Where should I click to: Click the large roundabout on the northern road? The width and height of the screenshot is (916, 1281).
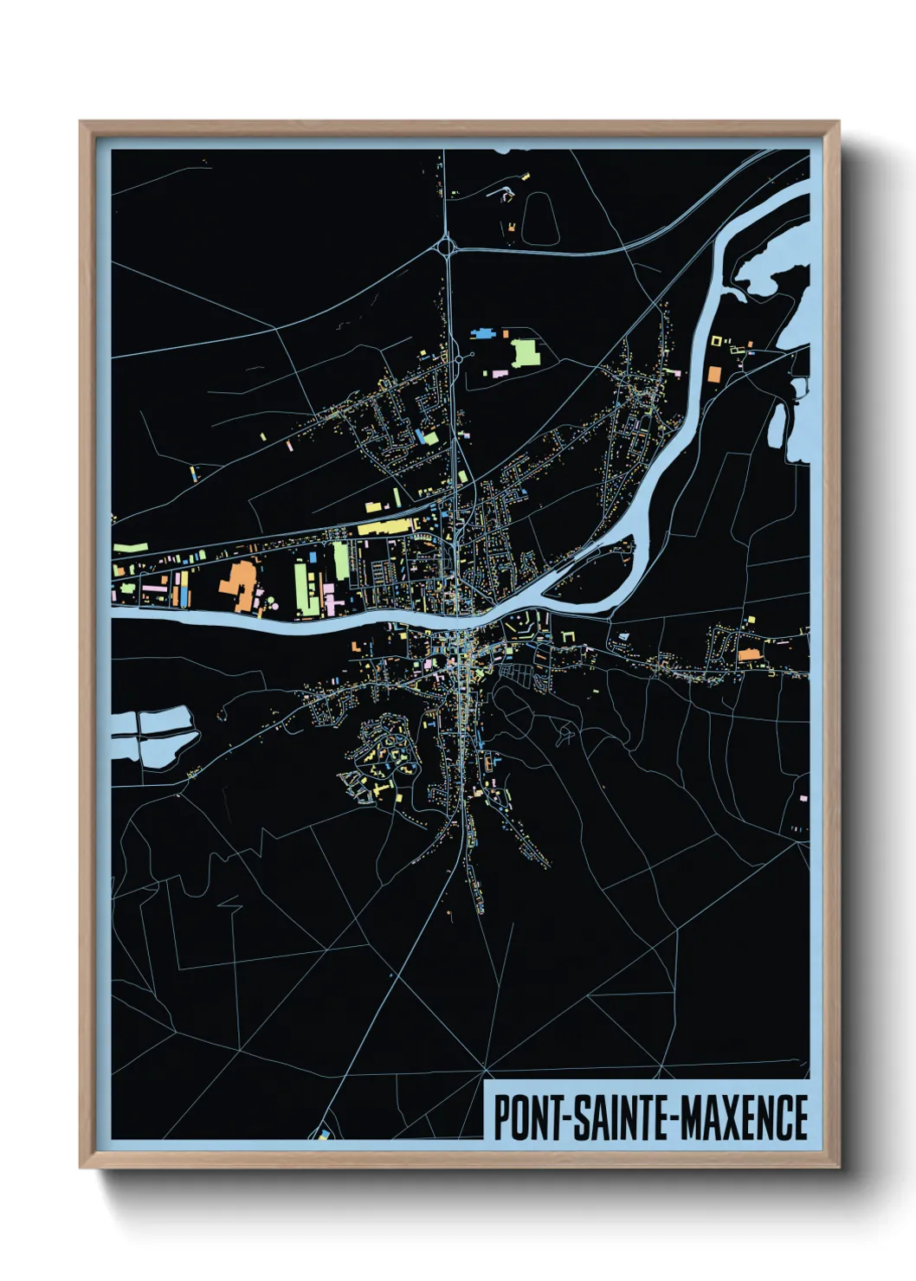coord(447,248)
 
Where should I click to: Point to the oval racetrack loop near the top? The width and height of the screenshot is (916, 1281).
coord(538,216)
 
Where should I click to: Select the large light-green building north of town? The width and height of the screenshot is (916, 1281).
coord(525,352)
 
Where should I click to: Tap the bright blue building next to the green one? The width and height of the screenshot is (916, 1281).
coord(482,332)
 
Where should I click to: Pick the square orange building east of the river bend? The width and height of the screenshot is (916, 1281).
coord(713,374)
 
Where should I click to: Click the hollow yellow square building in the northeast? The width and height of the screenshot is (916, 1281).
coord(716,341)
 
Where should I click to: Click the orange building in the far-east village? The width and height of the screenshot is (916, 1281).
coord(749,654)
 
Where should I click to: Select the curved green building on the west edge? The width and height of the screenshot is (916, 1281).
coord(129,549)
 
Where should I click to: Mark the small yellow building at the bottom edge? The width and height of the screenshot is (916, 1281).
coord(323,1132)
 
